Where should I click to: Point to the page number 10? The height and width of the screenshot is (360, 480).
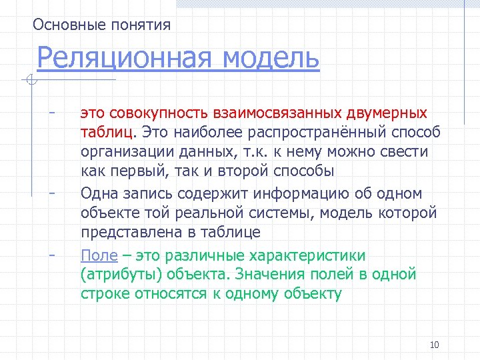coord(435,345)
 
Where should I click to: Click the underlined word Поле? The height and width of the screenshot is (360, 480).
coord(99,255)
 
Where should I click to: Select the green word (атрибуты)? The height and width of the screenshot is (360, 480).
coord(122,274)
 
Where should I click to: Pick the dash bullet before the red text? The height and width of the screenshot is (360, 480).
coord(51,111)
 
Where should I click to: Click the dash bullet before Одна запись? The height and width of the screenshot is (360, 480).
coord(51,192)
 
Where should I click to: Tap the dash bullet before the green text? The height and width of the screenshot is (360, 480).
coord(51,253)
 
